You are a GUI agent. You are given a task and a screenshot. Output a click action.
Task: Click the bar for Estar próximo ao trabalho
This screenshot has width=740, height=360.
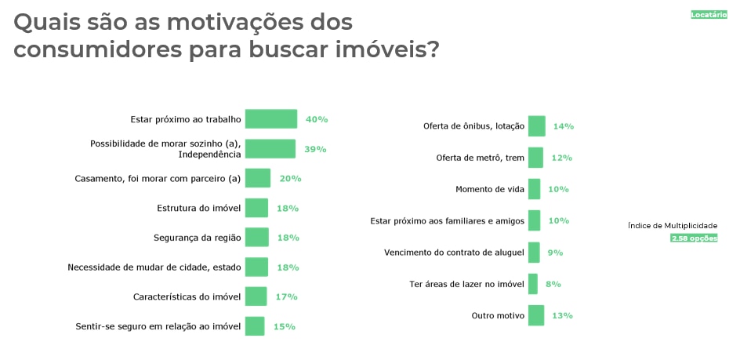(x=271, y=119)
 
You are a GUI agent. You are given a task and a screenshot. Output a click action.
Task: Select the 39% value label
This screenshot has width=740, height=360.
(x=316, y=149)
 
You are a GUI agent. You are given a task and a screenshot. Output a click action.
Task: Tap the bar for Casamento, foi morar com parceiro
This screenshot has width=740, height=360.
(x=258, y=178)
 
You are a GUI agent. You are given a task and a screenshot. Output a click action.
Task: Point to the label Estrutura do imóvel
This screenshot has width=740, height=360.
(x=198, y=208)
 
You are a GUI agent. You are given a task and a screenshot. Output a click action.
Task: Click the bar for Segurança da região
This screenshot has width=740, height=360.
(x=256, y=237)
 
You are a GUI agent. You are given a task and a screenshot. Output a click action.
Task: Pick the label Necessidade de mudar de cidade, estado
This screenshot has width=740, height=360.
(x=155, y=267)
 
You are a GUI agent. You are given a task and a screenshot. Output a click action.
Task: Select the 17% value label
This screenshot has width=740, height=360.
(x=286, y=296)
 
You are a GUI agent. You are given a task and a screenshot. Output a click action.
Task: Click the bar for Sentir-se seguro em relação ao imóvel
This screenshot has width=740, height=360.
(x=255, y=326)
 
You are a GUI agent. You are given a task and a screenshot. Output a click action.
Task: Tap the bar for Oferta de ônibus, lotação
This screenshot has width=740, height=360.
(x=537, y=126)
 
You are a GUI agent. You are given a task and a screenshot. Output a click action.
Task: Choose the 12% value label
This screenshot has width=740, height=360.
(x=561, y=158)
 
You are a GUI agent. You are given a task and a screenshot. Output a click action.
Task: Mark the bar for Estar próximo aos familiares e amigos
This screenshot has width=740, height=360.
(x=534, y=220)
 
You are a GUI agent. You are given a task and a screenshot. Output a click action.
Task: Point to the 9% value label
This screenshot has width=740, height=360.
(x=555, y=253)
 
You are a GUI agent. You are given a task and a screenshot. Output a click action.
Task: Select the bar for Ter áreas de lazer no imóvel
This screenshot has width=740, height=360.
(x=533, y=284)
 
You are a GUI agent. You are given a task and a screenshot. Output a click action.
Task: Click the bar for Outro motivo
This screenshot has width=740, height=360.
(x=536, y=315)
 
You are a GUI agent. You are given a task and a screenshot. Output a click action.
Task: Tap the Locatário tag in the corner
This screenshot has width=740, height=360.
(x=708, y=15)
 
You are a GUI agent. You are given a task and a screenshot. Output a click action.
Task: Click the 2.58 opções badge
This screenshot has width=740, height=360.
(x=694, y=238)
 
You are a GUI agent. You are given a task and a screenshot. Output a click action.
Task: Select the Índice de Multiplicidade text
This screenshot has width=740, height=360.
(x=673, y=226)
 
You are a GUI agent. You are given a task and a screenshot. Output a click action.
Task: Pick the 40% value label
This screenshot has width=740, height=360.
(x=317, y=119)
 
